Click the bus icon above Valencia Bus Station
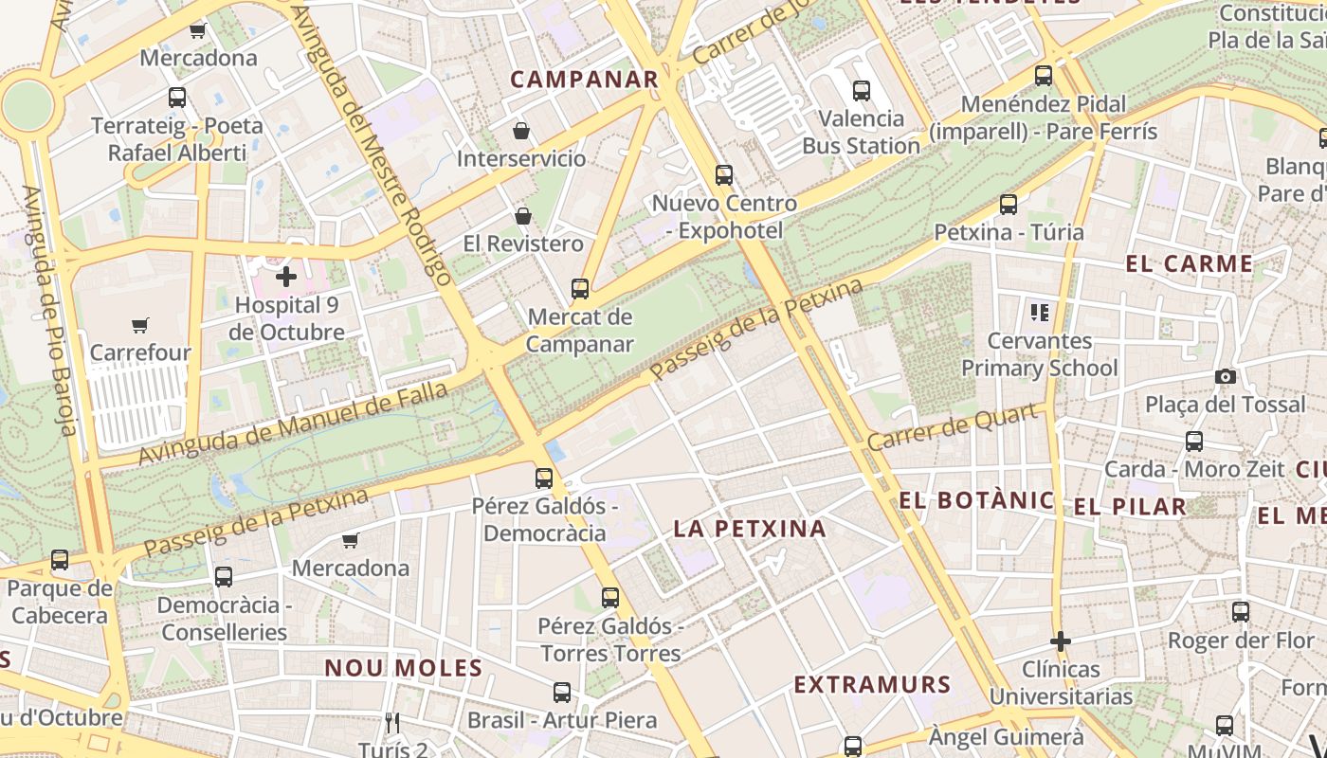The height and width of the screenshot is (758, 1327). click(861, 91)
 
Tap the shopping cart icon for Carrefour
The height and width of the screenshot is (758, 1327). click(140, 325)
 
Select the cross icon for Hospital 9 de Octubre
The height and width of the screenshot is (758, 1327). click(286, 277)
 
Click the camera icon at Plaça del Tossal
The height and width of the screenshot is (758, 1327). click(1225, 376)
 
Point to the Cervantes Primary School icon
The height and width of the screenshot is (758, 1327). click(1040, 312)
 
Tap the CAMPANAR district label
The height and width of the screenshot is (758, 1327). click(584, 80)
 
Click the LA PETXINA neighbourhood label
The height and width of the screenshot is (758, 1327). click(750, 529)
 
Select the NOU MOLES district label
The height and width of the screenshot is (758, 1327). click(404, 668)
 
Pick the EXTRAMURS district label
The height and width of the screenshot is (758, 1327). click(872, 684)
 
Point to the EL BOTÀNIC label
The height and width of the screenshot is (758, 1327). click(976, 500)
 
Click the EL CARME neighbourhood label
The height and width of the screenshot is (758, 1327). click(1190, 263)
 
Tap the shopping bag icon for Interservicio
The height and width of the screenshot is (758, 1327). click(520, 130)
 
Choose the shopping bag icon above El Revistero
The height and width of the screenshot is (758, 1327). click(522, 216)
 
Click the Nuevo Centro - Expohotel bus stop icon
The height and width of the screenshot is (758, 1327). click(724, 174)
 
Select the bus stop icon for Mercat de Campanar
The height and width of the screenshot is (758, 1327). click(579, 288)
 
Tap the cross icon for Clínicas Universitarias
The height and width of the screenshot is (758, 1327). click(1060, 641)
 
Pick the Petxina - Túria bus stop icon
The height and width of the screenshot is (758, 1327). click(1009, 204)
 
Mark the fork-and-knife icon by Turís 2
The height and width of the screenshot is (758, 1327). click(392, 723)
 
